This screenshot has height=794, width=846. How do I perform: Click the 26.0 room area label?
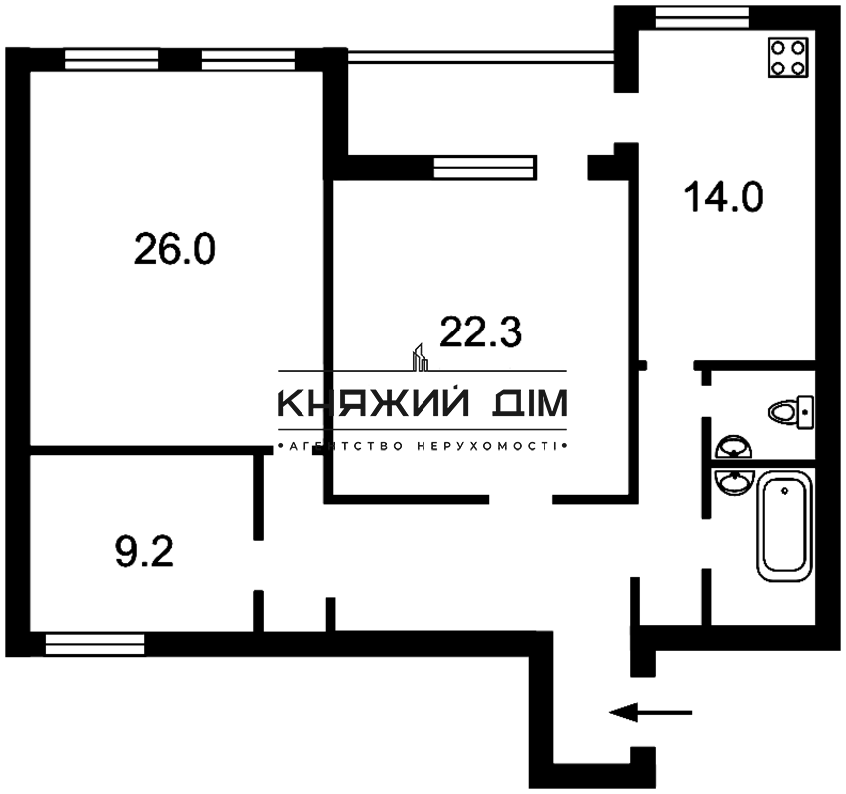point(175,249)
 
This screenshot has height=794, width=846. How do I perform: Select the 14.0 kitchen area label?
point(723,197)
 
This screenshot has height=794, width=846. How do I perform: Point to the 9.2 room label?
point(144,551)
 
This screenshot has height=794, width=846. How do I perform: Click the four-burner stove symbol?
point(789,58)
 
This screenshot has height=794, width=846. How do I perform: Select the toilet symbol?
point(791,409)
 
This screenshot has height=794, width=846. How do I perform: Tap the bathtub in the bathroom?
point(784,526)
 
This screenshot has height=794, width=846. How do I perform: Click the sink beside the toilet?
point(734,448)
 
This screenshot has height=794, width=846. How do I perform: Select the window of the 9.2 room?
point(95,645)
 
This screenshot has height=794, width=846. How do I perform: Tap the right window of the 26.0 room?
point(248,60)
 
